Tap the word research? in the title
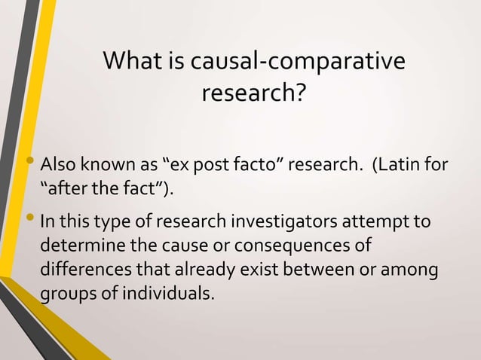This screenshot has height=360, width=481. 254,96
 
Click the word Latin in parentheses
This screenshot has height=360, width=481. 400,163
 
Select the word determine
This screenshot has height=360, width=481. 78,246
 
